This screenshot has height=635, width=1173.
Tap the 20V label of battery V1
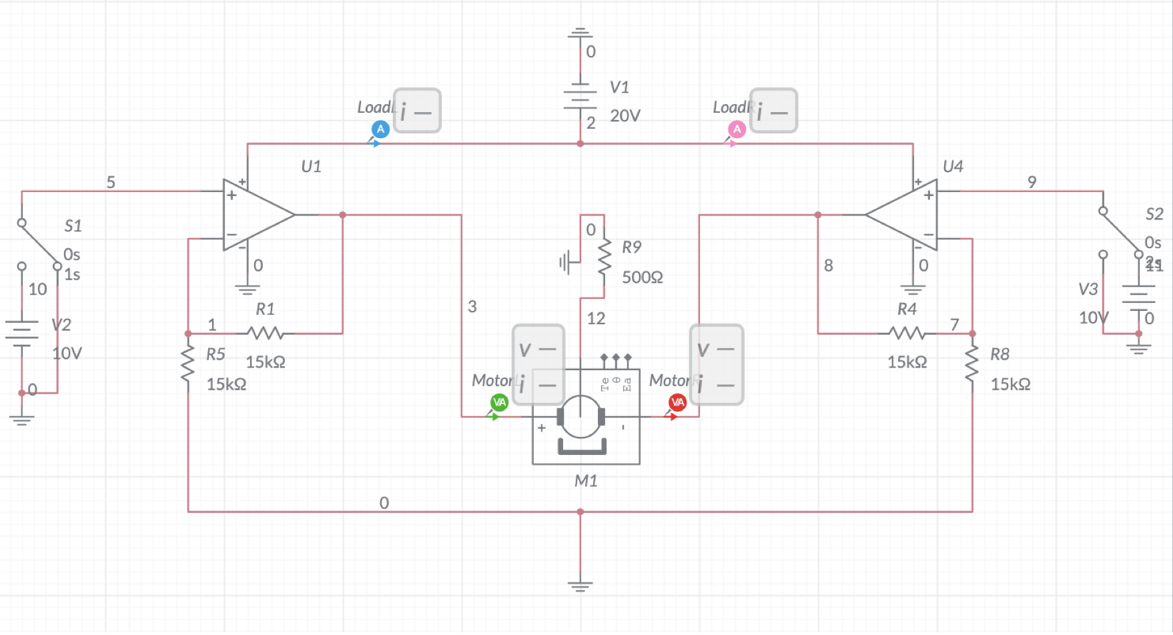pyautogui.click(x=625, y=116)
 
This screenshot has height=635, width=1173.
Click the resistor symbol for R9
pyautogui.click(x=605, y=257)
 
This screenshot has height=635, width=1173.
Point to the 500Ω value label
pyautogui.click(x=642, y=277)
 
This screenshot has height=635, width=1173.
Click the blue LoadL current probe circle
pyautogui.click(x=380, y=129)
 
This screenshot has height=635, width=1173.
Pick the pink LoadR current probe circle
pyautogui.click(x=737, y=129)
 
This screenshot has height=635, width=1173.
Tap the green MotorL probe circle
pyautogui.click(x=499, y=402)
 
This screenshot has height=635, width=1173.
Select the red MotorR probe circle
pyautogui.click(x=677, y=402)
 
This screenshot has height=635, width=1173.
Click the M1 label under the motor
pyautogui.click(x=586, y=481)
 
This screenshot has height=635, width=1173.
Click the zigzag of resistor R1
pyautogui.click(x=266, y=333)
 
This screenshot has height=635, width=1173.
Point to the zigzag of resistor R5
pyautogui.click(x=188, y=364)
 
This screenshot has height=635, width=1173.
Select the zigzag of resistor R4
pyautogui.click(x=907, y=333)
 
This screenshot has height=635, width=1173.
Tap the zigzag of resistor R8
pyautogui.click(x=972, y=364)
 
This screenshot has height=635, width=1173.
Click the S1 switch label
pyautogui.click(x=73, y=226)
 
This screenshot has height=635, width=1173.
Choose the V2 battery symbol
pyautogui.click(x=22, y=332)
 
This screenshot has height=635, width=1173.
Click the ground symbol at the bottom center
pyautogui.click(x=580, y=586)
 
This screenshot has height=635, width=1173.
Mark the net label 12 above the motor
pyautogui.click(x=596, y=319)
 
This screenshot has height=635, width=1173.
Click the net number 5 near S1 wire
pyautogui.click(x=111, y=182)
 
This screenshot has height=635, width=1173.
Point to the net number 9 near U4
pyautogui.click(x=1032, y=182)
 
